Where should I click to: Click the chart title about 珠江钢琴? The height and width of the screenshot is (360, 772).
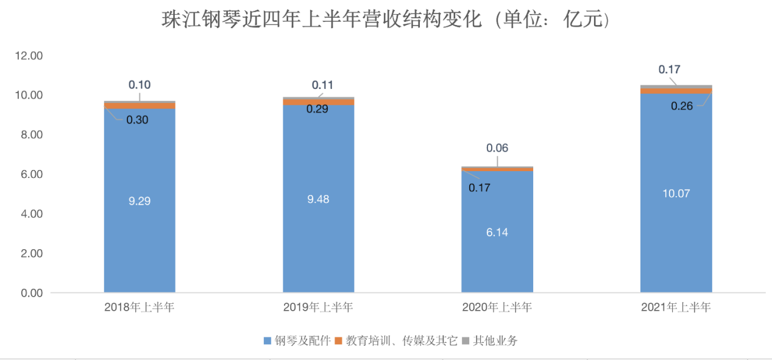[x=386, y=19]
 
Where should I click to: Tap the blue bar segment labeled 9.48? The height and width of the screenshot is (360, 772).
[x=319, y=199]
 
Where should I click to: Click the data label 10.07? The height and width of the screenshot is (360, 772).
[x=676, y=194]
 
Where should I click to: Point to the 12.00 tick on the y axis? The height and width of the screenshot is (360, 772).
[x=28, y=56]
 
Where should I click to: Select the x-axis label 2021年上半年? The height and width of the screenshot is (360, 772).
[x=676, y=308]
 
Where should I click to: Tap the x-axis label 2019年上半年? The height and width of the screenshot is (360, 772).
[x=318, y=308]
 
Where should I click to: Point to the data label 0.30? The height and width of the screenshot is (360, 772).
[x=137, y=120]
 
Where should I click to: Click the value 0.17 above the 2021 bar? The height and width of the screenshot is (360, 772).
[x=670, y=69]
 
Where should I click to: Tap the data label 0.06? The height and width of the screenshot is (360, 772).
[x=497, y=148]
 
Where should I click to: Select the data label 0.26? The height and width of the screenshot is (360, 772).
[x=682, y=106]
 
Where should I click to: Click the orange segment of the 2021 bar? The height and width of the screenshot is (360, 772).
[x=676, y=91]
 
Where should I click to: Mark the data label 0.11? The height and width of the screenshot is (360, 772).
[x=322, y=85]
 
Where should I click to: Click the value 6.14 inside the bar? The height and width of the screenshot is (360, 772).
[x=497, y=232]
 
